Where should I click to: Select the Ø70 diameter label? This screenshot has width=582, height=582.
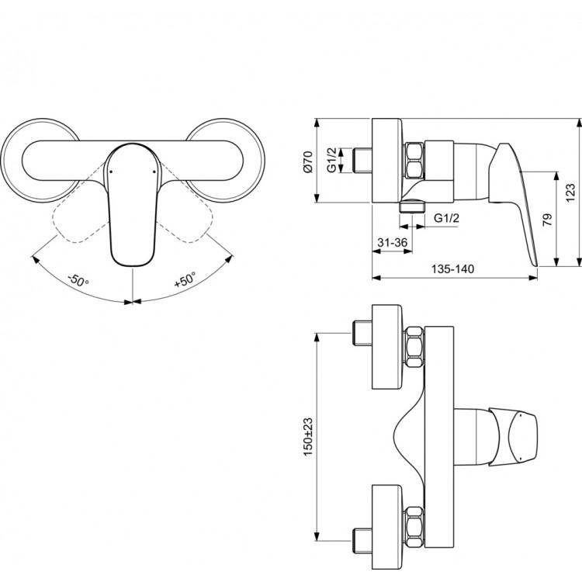click(x=307, y=161)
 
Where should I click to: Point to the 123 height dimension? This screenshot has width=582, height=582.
click(x=570, y=192)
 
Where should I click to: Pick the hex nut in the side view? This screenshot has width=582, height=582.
click(x=414, y=161)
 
